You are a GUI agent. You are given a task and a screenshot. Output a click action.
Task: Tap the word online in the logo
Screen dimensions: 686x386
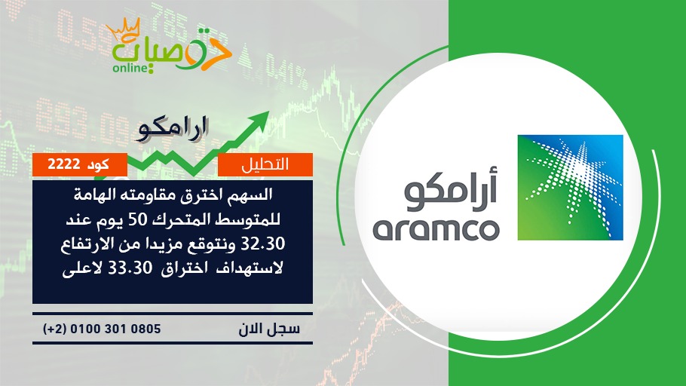(129, 68)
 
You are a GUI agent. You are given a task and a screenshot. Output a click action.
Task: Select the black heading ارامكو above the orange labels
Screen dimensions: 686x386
(172, 129)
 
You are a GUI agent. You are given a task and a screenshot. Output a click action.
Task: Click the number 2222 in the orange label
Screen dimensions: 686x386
(64, 164)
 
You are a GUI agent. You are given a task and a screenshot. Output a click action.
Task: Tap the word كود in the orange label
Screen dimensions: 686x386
(99, 164)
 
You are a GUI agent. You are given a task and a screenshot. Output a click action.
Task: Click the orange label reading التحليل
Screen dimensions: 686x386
(265, 164)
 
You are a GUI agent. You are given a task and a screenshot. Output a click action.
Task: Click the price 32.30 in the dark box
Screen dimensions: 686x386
(263, 243)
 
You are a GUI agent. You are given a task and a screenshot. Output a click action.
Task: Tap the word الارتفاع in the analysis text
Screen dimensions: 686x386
(86, 244)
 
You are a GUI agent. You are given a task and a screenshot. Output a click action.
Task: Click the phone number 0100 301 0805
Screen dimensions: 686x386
(115, 329)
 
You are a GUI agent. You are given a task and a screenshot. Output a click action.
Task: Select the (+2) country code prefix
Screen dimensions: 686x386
(54, 329)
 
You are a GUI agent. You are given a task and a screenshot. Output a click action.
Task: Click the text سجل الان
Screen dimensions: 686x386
(270, 328)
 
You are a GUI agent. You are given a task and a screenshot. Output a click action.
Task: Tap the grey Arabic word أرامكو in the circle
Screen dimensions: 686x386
(451, 191)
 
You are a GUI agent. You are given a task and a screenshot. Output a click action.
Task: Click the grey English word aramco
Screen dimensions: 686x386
(436, 230)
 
